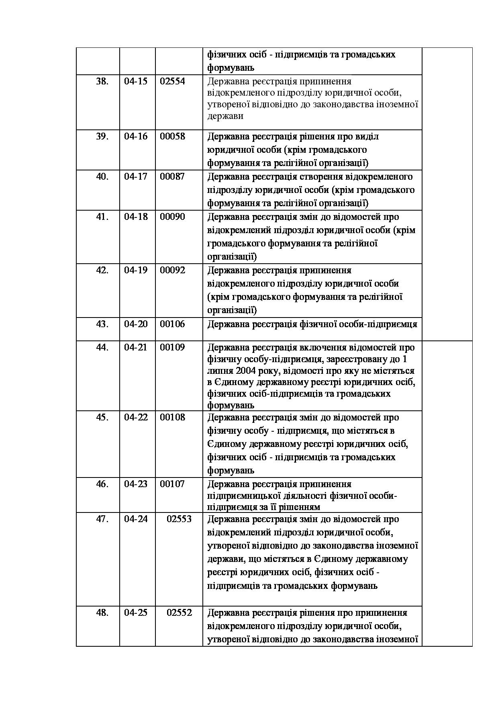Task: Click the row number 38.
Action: click(102, 81)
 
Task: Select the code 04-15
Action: click(136, 81)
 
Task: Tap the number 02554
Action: click(172, 81)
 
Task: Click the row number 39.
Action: click(102, 136)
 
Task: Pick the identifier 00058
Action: click(172, 136)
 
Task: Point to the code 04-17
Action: click(136, 176)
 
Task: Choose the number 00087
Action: click(172, 176)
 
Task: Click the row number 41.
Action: click(102, 217)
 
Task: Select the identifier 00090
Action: click(172, 217)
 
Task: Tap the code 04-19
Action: click(136, 270)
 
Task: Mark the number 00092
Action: click(172, 270)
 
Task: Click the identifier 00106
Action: click(172, 324)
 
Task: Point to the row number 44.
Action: click(102, 347)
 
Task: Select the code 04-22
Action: click(136, 417)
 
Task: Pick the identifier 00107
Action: click(172, 484)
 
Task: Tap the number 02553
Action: click(179, 519)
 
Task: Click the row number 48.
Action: click(102, 613)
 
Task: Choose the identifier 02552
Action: click(179, 613)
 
